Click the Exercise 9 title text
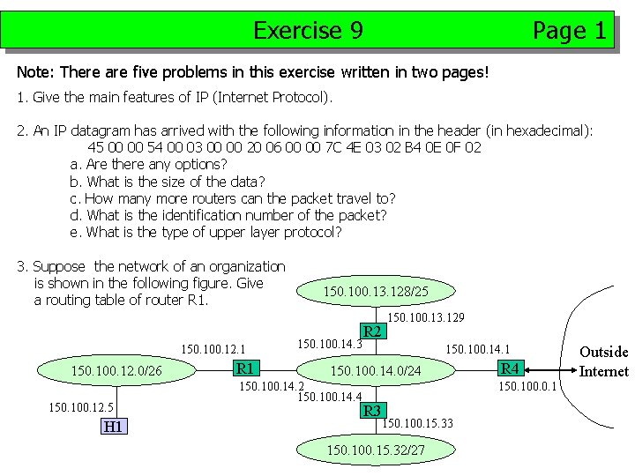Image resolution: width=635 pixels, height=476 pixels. tap(308, 31)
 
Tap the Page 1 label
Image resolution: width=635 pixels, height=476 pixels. tap(569, 32)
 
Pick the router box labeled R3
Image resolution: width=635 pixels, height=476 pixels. tap(372, 410)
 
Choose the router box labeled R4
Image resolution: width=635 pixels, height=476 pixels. tap(510, 368)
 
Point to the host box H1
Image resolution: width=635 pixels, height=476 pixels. tap(113, 427)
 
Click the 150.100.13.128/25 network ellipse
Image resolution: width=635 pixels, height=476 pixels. tap(376, 291)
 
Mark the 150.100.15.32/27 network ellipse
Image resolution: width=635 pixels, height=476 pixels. tap(376, 450)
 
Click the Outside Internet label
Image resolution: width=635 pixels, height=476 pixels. tap(603, 361)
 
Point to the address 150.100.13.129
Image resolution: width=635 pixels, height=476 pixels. tap(426, 316)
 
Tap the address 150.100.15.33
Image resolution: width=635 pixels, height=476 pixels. tap(417, 423)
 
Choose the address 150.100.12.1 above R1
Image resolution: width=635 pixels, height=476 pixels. tap(213, 350)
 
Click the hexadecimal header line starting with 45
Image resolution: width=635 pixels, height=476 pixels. tap(284, 147)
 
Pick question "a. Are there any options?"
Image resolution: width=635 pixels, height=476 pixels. tap(148, 164)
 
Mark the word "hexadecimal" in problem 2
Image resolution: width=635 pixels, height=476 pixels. tap(546, 130)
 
